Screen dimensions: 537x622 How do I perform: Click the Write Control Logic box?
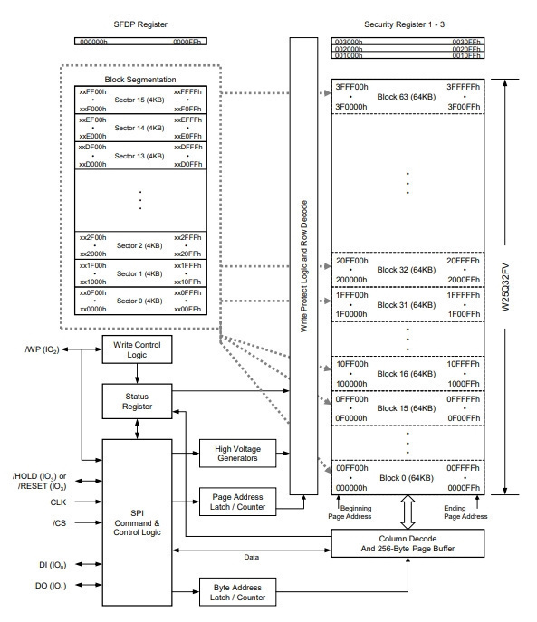(x=137, y=349)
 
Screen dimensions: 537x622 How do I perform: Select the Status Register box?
(x=137, y=401)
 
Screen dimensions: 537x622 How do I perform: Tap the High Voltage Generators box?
(x=237, y=453)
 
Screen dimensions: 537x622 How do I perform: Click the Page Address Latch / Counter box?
(x=237, y=502)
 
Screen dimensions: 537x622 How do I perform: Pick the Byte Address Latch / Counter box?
(x=237, y=592)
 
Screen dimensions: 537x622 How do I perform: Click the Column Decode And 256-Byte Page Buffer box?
(x=408, y=543)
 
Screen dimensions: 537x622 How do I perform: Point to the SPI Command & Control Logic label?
(x=137, y=522)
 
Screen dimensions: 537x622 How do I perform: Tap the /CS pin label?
(x=59, y=522)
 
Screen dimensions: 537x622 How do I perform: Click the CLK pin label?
(x=58, y=502)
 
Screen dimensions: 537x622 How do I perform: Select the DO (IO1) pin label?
(x=51, y=586)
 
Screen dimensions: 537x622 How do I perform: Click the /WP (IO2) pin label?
(x=42, y=349)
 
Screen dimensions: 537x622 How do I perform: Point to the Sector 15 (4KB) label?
(x=139, y=100)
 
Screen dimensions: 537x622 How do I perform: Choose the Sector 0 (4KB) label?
(x=139, y=301)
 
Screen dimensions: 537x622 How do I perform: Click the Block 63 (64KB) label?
(x=406, y=97)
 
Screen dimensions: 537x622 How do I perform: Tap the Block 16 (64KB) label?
(x=406, y=374)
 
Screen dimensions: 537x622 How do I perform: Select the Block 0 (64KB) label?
(x=407, y=478)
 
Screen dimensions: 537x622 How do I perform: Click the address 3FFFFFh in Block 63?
(x=463, y=87)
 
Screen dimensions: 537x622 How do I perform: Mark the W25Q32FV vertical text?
(x=505, y=287)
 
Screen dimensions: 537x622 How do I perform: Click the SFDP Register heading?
(x=140, y=24)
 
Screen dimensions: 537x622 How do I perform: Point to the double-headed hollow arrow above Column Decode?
(x=408, y=512)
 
